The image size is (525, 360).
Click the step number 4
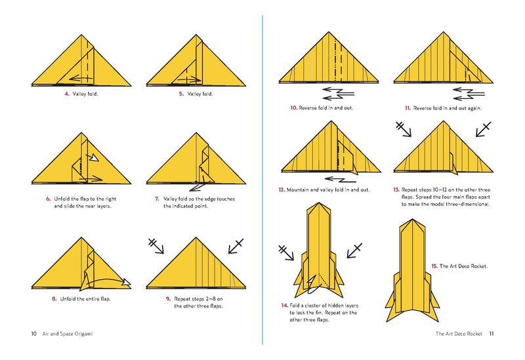click(x=67, y=94)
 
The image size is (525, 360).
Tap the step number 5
click(x=181, y=94)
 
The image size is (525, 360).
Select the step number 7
click(x=157, y=199)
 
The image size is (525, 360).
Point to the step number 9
click(x=169, y=299)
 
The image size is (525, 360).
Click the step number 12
click(x=282, y=190)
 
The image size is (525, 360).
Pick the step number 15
click(x=434, y=266)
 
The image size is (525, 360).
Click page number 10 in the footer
click(x=34, y=334)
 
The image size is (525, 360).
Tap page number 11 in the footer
click(x=492, y=334)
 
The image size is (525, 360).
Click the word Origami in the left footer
click(x=83, y=334)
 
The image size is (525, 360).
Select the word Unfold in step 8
click(x=68, y=299)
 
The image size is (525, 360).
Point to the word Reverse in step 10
click(x=308, y=108)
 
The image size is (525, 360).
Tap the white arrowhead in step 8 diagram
click(x=127, y=283)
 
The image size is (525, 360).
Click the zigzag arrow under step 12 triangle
click(x=340, y=180)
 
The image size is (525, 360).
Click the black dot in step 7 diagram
click(x=196, y=182)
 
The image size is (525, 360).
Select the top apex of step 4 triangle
click(x=81, y=35)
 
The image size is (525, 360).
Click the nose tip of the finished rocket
click(x=413, y=220)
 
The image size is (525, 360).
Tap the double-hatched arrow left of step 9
click(x=156, y=246)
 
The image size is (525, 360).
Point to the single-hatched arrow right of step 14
click(x=354, y=250)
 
